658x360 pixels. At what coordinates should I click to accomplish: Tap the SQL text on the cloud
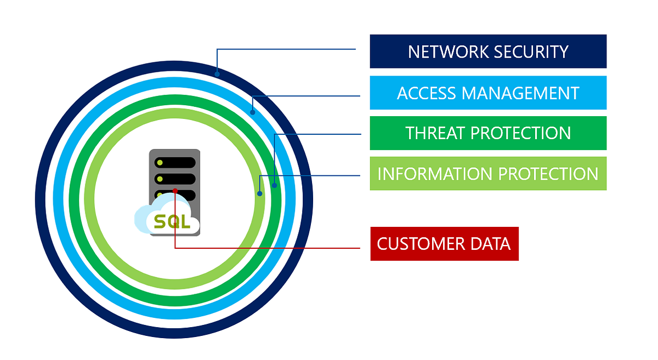click(172, 222)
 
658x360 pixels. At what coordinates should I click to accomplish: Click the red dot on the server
click(175, 191)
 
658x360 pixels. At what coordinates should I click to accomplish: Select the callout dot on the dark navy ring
click(217, 73)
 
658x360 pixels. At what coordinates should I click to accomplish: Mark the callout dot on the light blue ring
click(253, 113)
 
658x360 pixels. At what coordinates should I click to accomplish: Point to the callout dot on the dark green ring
click(275, 186)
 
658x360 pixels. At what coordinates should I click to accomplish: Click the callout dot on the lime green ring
click(260, 193)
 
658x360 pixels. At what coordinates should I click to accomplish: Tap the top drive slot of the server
click(175, 163)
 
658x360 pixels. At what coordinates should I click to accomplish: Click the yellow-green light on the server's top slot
click(160, 163)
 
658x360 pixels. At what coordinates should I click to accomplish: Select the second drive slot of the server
click(175, 179)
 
